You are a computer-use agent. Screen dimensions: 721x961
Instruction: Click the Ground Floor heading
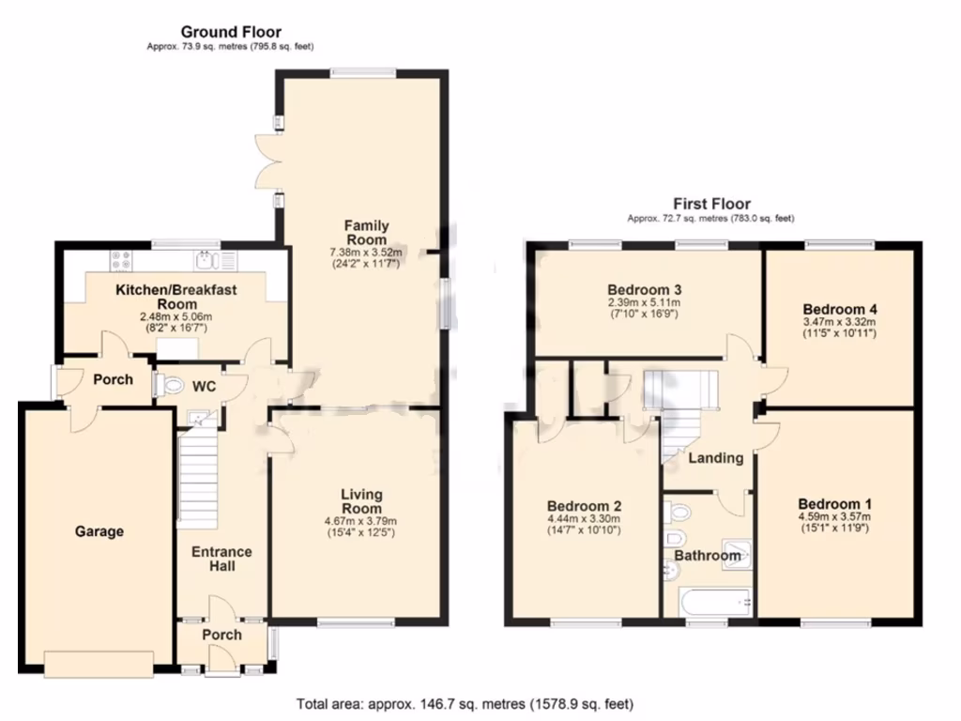[231, 33]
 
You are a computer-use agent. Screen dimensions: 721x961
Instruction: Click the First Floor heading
[711, 204]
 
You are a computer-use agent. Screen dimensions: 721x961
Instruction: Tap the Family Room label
[366, 232]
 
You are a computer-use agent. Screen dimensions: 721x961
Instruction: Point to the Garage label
[99, 531]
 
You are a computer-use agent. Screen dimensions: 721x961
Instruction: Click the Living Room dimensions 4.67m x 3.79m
[361, 521]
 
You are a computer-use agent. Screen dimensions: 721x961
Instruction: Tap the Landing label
[716, 458]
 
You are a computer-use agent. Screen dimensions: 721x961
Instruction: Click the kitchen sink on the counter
[206, 260]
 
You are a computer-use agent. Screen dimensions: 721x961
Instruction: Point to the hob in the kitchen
[122, 260]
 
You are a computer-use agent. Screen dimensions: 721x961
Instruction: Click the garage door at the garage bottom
[98, 663]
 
